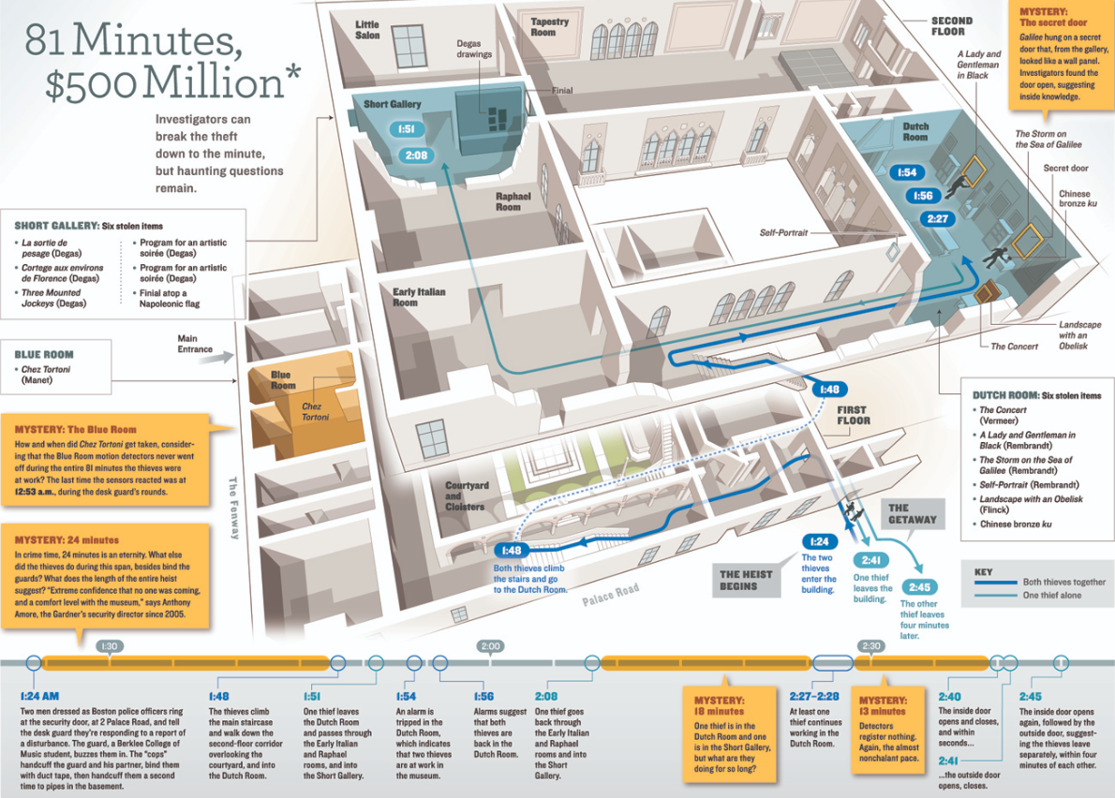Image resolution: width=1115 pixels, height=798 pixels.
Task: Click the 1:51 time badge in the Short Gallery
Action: (407, 129)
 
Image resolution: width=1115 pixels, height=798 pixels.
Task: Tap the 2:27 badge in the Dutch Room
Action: (938, 219)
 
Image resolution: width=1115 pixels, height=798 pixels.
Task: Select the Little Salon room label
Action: (367, 30)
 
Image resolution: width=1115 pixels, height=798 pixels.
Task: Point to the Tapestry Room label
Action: (550, 27)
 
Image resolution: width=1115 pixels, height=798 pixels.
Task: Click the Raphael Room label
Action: (513, 201)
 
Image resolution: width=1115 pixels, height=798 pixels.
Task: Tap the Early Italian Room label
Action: (419, 297)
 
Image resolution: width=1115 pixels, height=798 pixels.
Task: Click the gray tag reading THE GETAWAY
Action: (913, 514)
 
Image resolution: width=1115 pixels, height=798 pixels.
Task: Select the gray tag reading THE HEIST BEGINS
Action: (745, 580)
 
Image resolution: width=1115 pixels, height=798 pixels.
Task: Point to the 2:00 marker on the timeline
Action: (491, 646)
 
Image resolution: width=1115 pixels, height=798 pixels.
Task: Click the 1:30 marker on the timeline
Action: (109, 646)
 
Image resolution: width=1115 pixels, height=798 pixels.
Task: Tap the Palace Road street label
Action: (610, 595)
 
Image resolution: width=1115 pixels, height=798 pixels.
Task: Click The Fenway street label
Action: (233, 508)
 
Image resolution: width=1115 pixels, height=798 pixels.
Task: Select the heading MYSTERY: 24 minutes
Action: (67, 540)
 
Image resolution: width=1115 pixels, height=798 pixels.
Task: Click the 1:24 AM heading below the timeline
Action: (39, 697)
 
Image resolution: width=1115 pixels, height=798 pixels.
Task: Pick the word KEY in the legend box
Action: (984, 572)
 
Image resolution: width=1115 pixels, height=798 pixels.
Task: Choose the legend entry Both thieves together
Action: (1063, 582)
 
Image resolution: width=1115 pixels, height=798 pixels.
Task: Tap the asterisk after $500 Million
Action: (293, 72)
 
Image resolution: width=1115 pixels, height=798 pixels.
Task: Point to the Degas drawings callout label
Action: (474, 49)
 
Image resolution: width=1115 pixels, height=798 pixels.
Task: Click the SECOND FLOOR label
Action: (951, 26)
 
